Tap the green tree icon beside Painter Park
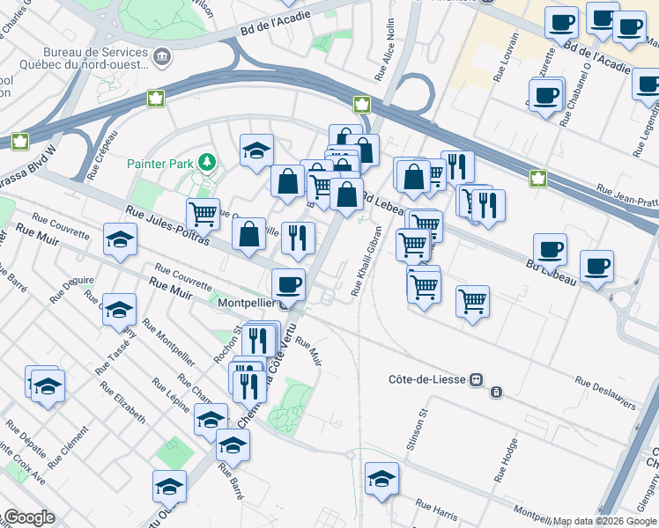(206, 162)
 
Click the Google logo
(29, 517)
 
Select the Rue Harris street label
(437, 508)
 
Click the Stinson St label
(415, 429)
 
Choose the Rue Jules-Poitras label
(155, 224)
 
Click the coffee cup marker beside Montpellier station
(288, 284)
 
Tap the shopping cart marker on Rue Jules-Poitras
(203, 213)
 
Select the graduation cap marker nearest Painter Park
(256, 150)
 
